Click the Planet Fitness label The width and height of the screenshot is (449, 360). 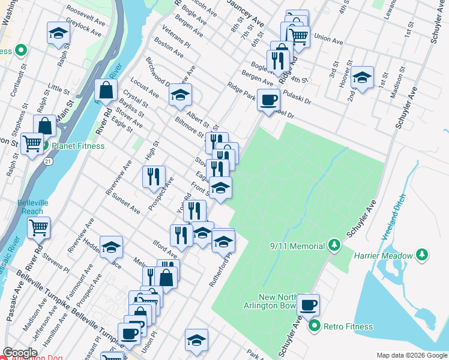[x=78, y=146]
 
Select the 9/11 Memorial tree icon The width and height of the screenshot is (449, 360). [x=334, y=245]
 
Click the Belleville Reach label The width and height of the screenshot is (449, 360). [x=30, y=207]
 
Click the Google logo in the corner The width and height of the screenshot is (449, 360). [x=20, y=353]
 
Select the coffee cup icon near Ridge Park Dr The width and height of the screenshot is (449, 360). [x=268, y=99]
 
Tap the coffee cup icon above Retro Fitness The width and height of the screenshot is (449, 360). [x=309, y=304]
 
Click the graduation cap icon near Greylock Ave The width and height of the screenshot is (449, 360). [x=58, y=33]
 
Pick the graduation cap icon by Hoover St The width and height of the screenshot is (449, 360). [x=362, y=77]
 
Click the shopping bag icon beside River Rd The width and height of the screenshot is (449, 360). [x=106, y=91]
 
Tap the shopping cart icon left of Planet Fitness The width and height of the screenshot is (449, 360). [x=32, y=143]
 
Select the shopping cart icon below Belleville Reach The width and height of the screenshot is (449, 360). [x=38, y=227]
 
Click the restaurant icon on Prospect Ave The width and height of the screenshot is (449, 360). [x=154, y=176]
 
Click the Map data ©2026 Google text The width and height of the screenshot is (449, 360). [x=411, y=355]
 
